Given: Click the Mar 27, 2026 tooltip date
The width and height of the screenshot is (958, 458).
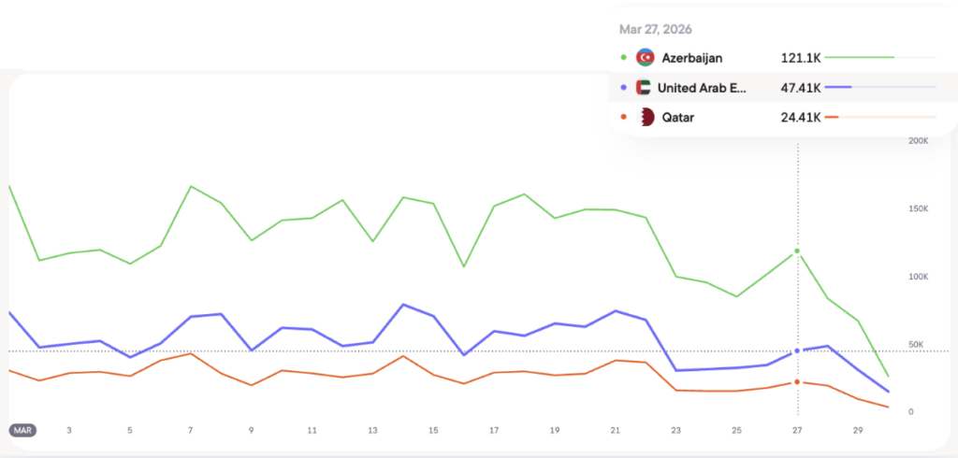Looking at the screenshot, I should [x=656, y=29].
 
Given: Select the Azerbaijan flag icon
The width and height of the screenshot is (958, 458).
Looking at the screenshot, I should [x=645, y=58].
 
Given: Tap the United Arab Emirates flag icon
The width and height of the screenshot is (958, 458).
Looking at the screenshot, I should [x=643, y=88].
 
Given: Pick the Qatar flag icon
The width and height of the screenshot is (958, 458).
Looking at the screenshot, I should [x=646, y=117].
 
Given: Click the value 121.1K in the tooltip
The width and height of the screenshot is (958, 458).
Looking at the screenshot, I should [x=801, y=58].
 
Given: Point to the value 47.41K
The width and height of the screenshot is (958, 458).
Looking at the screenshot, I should [x=801, y=88].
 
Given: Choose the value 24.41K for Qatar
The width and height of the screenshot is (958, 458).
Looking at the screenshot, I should [x=801, y=117].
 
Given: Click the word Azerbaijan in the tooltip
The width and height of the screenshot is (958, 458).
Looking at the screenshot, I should [x=692, y=58].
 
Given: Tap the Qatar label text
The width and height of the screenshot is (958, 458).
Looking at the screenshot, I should [x=678, y=117].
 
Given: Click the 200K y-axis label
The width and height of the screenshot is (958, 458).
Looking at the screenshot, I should [x=918, y=141].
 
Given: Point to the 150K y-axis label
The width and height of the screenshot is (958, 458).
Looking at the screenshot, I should [x=918, y=209].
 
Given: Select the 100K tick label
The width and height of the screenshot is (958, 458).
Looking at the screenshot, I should [x=918, y=278].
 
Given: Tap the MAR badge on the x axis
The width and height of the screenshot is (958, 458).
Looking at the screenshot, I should [x=23, y=430].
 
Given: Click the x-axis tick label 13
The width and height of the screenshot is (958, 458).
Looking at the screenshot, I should [x=372, y=430].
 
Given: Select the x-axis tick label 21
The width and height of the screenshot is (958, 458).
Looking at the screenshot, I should [x=615, y=430].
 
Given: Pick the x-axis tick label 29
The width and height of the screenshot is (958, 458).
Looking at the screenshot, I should [x=858, y=430].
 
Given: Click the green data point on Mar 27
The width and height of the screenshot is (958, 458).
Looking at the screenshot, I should [x=797, y=251].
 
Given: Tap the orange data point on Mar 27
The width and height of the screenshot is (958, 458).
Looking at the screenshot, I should [x=797, y=382].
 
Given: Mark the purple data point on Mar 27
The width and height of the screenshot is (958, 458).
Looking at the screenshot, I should [x=797, y=351].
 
